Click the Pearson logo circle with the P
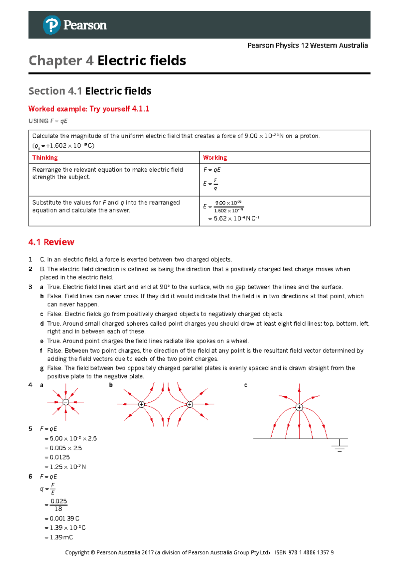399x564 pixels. [x=51, y=25]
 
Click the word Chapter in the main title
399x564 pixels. [x=55, y=61]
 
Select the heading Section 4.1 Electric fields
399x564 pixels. [x=90, y=91]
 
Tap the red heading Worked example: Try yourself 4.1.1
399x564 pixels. [x=89, y=109]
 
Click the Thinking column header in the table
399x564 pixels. [x=45, y=158]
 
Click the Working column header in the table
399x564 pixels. [x=215, y=158]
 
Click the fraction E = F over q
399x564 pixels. [x=211, y=184]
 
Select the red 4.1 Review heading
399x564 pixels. [x=51, y=242]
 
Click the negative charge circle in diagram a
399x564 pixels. [x=66, y=402]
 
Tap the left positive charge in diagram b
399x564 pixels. [x=142, y=404]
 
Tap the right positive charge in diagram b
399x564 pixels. [x=190, y=404]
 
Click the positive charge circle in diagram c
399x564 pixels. [x=299, y=407]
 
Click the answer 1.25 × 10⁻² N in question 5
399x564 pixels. [x=65, y=467]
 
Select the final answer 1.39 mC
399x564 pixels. [x=59, y=537]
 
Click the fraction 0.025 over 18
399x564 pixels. [x=59, y=505]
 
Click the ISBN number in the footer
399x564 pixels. [x=304, y=553]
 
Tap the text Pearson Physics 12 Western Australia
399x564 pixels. [x=307, y=46]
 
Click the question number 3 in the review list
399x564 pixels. [x=31, y=287]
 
